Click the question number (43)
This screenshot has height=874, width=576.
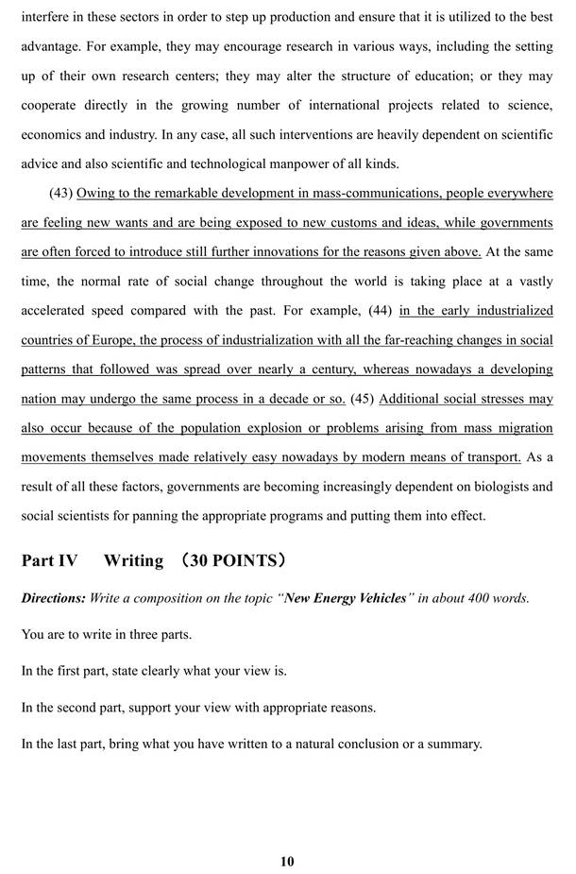click(x=61, y=194)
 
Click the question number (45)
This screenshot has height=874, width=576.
click(x=363, y=398)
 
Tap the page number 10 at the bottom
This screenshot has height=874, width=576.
click(x=287, y=861)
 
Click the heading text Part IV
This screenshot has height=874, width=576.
click(x=49, y=560)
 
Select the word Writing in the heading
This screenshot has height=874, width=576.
click(x=133, y=560)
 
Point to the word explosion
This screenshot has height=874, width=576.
click(x=273, y=427)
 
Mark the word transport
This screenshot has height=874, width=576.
click(x=494, y=457)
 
